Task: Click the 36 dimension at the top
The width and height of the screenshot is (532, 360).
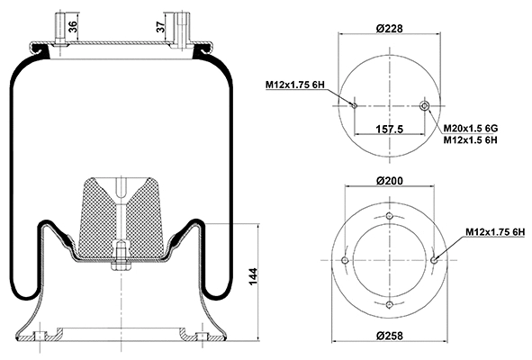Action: tap(73, 27)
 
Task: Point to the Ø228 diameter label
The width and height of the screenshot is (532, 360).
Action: tap(389, 28)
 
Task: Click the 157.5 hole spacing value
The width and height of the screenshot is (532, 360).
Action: tap(390, 130)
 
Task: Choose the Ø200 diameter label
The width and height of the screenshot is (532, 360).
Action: tap(389, 182)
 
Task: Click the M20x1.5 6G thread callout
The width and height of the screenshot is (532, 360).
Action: tap(473, 129)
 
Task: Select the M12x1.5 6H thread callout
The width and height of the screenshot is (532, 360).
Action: tap(473, 141)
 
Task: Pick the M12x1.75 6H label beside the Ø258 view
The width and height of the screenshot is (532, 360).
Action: tap(495, 233)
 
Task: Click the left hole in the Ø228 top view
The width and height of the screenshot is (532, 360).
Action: tap(355, 106)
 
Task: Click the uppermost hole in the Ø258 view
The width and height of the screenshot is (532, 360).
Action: tap(389, 218)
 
